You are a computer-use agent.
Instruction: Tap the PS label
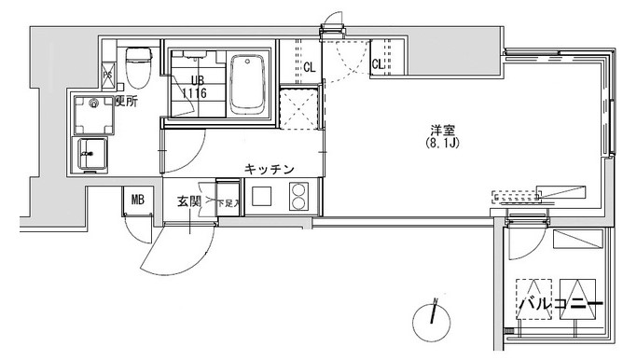click(x=107, y=75)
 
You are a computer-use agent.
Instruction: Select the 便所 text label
click(x=127, y=102)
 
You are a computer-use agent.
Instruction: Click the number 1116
click(x=194, y=94)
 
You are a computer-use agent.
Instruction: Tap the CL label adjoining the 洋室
click(x=378, y=64)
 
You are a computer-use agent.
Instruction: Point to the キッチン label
click(x=270, y=169)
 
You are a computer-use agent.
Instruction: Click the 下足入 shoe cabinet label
click(x=228, y=201)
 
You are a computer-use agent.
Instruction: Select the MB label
click(x=137, y=199)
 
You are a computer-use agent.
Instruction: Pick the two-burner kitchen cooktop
click(x=299, y=198)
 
